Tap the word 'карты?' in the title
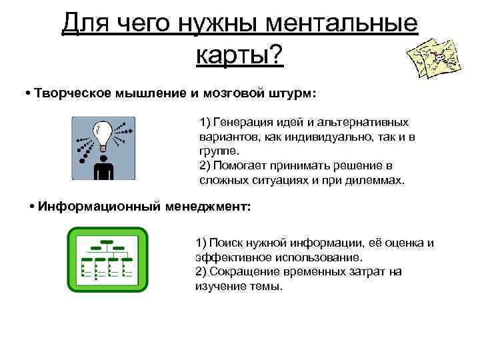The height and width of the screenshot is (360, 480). click(239, 55)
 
